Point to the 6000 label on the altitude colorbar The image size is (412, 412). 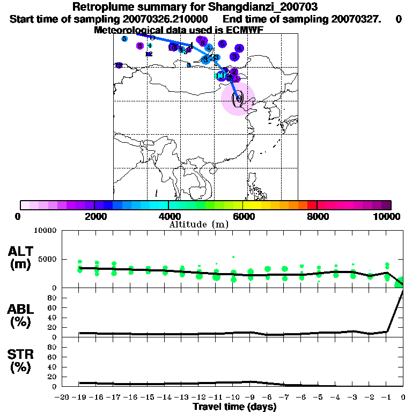[243, 216]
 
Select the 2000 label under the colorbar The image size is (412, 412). [94, 216]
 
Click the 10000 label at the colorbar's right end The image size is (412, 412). [388, 216]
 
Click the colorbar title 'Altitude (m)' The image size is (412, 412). [199, 224]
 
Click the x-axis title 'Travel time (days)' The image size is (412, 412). [234, 407]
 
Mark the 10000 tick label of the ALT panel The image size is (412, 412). [45, 231]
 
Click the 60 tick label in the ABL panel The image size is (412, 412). [53, 307]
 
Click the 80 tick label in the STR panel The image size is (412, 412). [53, 347]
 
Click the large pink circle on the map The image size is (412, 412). [238, 99]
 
